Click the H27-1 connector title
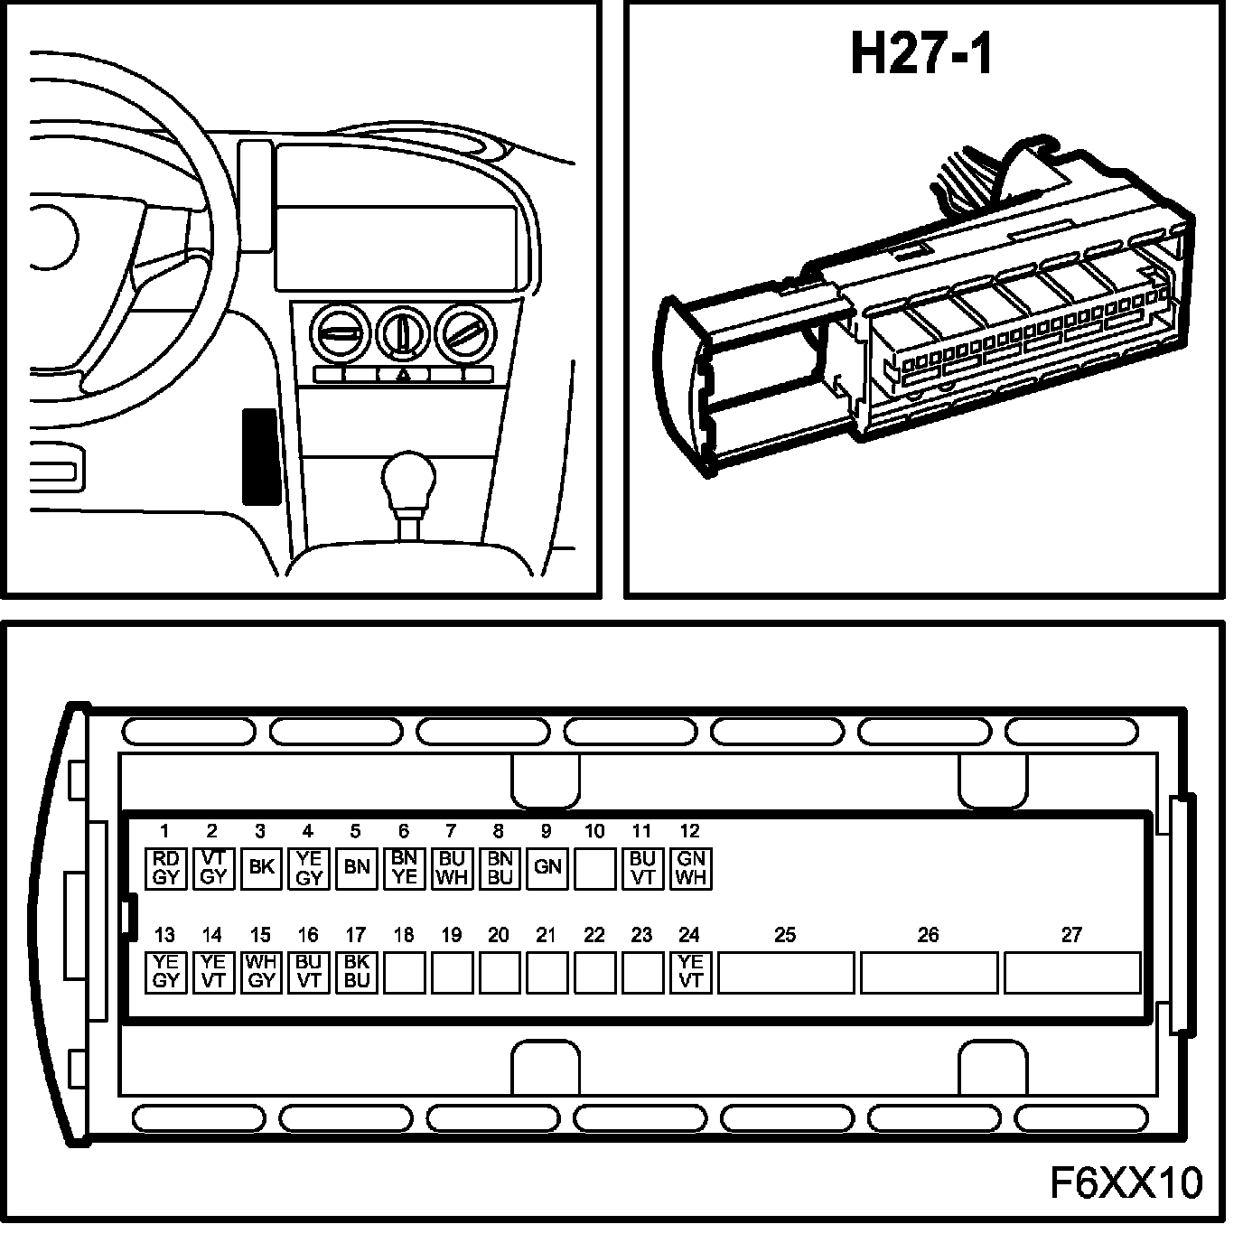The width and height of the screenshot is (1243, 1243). click(x=921, y=54)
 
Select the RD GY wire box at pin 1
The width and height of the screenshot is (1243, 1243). click(x=166, y=868)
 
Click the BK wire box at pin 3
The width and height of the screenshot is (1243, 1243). click(x=261, y=868)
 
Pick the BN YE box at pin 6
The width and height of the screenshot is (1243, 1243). click(x=405, y=868)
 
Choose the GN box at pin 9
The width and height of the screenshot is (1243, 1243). click(x=547, y=868)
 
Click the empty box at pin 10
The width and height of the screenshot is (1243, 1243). click(x=594, y=868)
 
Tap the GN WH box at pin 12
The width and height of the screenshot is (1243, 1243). click(x=691, y=868)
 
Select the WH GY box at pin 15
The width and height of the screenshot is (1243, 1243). click(x=261, y=972)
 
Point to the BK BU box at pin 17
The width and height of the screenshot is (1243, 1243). click(x=357, y=972)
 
